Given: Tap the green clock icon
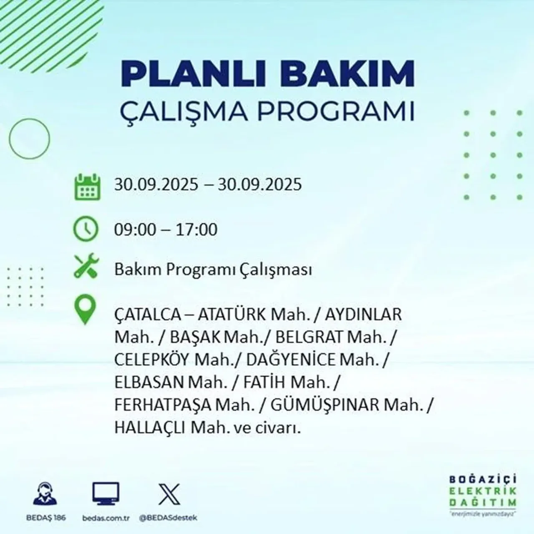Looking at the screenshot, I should [x=86, y=229].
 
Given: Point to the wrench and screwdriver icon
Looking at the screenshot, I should [x=86, y=268].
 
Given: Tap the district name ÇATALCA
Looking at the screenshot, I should [x=147, y=314].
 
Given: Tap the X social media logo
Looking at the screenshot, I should [x=169, y=494].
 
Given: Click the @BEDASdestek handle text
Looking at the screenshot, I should [x=168, y=518].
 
